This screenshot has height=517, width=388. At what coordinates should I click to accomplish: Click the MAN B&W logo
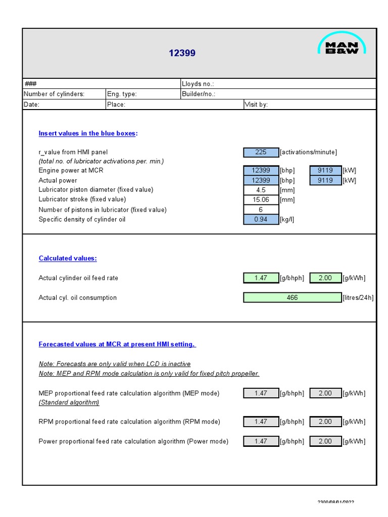coord(342,43)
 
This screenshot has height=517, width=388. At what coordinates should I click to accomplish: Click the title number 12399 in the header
coord(182,53)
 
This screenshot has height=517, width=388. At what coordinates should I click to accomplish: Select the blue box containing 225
coord(261,152)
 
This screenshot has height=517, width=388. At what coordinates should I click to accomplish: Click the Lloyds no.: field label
coord(198,84)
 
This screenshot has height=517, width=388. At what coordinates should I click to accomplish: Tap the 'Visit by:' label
coord(256,105)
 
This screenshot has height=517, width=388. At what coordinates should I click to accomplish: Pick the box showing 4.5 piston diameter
coord(261,190)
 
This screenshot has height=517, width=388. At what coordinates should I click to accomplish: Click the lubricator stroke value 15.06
coord(261,199)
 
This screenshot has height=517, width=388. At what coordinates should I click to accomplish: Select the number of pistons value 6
coord(261,210)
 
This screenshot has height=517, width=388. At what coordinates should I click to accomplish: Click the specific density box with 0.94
coord(261,220)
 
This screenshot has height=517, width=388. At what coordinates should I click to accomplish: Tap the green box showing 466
coord(292,298)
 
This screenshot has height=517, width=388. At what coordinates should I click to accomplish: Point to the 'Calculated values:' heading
coord(68,258)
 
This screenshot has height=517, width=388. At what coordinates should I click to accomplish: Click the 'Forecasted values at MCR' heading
coord(117,344)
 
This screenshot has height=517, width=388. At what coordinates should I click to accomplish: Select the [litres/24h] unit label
coord(358,298)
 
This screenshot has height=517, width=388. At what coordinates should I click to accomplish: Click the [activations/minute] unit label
coord(308,152)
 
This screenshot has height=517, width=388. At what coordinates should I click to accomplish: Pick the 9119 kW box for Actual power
coord(325,180)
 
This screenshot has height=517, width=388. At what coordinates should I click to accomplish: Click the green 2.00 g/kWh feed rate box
coord(325,278)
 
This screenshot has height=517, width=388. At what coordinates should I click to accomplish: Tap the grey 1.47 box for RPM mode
coord(261,422)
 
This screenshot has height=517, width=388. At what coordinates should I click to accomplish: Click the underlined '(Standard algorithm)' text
coord(69,402)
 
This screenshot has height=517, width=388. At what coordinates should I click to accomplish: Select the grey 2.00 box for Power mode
coord(325,441)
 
